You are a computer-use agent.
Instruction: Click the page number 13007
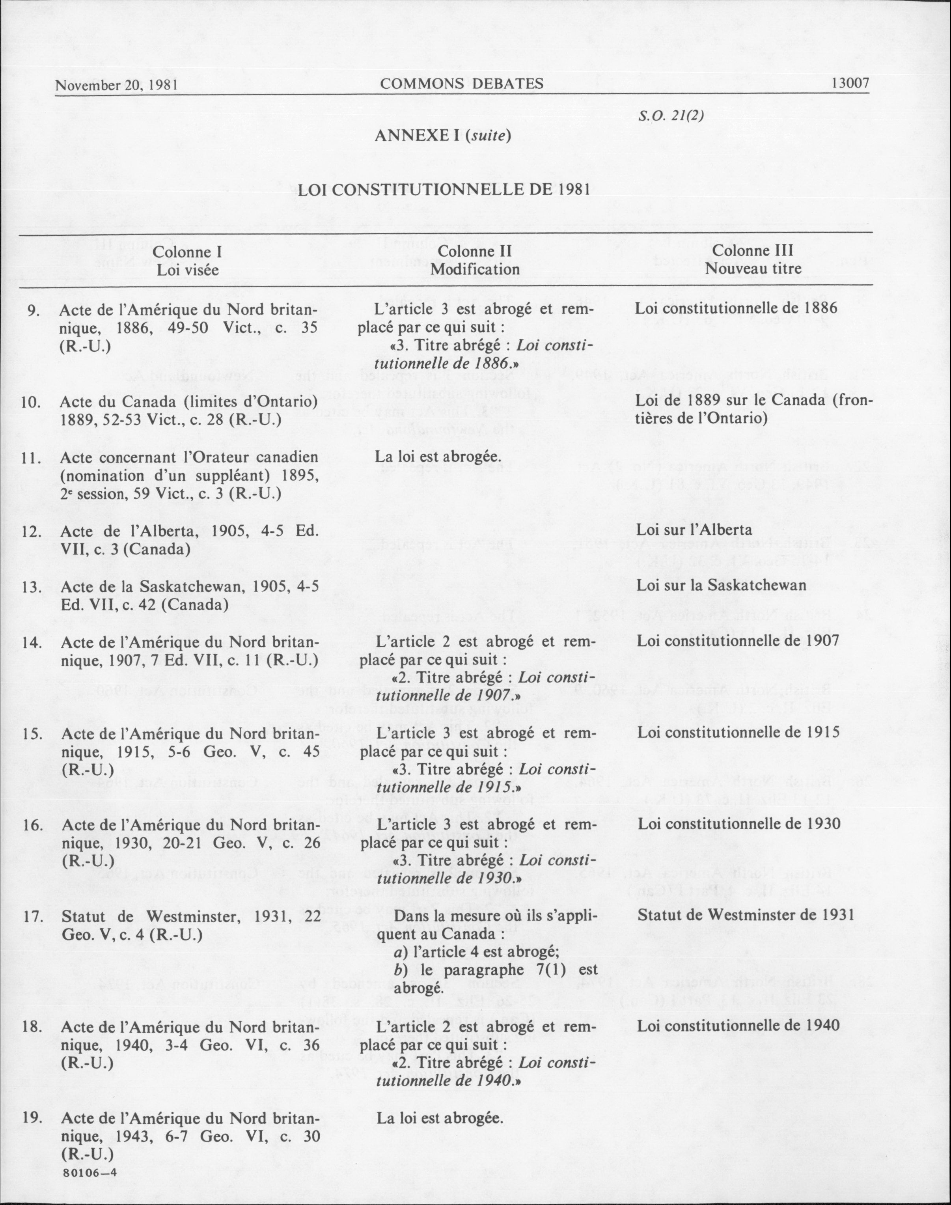(850, 84)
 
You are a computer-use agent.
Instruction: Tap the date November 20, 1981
(116, 85)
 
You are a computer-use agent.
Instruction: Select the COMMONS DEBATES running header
(462, 84)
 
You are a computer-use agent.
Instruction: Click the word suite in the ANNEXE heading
(489, 136)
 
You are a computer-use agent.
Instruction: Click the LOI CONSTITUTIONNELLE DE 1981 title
(444, 189)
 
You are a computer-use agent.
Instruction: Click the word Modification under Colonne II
(475, 270)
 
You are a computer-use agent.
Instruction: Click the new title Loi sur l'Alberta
(694, 530)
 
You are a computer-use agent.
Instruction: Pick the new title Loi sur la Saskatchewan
(722, 585)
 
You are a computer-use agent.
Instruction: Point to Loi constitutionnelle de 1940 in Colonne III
(738, 1026)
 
